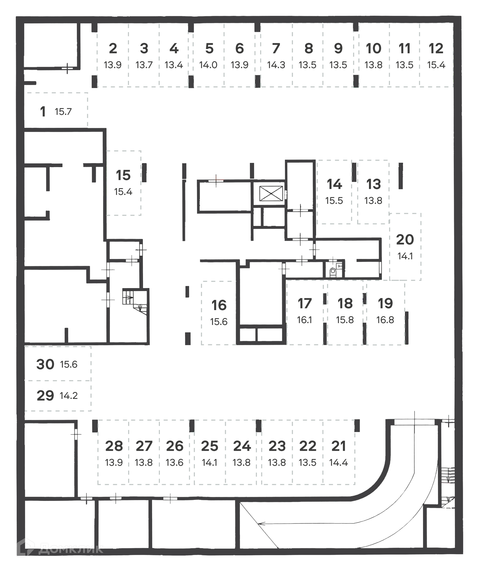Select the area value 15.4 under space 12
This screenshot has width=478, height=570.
436,65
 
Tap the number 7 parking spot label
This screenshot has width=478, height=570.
276,48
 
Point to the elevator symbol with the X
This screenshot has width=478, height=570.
271,193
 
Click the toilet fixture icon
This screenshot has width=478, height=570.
333,271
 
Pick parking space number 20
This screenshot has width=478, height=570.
405,240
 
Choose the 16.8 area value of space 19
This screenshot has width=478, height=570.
385,320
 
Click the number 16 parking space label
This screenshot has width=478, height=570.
219,305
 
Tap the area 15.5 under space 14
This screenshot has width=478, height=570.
334,201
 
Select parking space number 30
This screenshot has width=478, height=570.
45,364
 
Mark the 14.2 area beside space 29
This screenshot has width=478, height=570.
69,396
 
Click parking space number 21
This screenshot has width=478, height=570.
338,446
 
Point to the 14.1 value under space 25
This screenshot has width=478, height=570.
209,462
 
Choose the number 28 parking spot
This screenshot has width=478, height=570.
114,446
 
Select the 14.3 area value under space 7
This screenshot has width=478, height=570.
276,65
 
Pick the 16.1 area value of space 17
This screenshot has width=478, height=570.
304,320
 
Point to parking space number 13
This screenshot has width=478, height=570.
374,184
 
